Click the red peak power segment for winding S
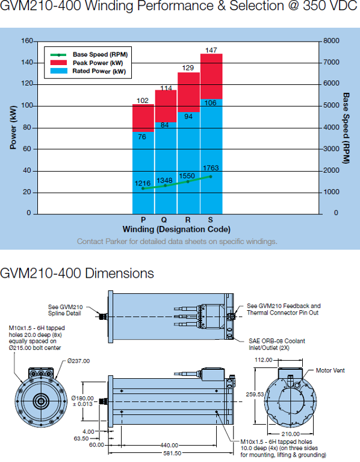(211, 76)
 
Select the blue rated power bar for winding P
(143, 173)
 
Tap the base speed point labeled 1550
(188, 181)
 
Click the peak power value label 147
(211, 50)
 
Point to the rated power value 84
(164, 125)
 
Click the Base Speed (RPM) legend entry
(89, 54)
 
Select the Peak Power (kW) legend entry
(87, 63)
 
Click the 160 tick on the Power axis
(27, 41)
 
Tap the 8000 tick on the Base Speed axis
(332, 41)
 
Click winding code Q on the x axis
(164, 220)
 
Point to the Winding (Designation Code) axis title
(176, 229)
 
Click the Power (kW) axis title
(13, 127)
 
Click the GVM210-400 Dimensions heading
(77, 273)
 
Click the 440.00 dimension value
(169, 445)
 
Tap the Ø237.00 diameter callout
(79, 361)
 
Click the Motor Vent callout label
(330, 370)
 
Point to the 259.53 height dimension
(255, 394)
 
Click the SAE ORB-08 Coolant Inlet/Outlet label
(277, 345)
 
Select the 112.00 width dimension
(264, 360)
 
